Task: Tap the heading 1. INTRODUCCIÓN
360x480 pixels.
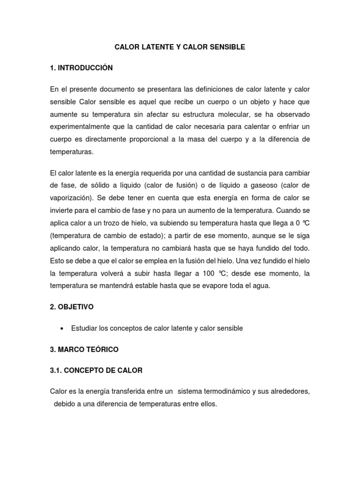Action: pyautogui.click(x=81, y=68)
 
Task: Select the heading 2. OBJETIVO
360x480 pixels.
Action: pyautogui.click(x=71, y=307)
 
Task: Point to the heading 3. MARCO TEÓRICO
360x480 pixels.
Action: pyautogui.click(x=84, y=349)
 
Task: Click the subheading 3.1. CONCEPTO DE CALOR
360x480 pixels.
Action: pyautogui.click(x=96, y=370)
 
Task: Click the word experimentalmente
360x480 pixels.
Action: pyautogui.click(x=82, y=127)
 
